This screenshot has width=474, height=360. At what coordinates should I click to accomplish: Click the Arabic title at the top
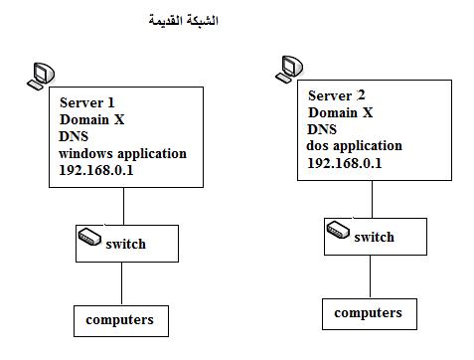pyautogui.click(x=183, y=20)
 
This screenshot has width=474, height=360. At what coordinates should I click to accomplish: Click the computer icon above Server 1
pyautogui.click(x=41, y=76)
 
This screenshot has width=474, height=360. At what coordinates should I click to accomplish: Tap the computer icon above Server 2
pyautogui.click(x=289, y=69)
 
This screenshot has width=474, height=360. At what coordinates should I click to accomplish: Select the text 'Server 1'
pyautogui.click(x=87, y=102)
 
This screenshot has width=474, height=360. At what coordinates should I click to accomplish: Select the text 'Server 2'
pyautogui.click(x=337, y=95)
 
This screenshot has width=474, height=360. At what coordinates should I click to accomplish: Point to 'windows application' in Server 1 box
pyautogui.click(x=122, y=154)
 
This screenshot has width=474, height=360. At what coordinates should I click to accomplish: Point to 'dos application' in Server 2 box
pyautogui.click(x=355, y=146)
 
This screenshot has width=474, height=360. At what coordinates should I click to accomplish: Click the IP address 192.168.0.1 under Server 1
pyautogui.click(x=96, y=170)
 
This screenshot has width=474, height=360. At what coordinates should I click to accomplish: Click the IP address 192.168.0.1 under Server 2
pyautogui.click(x=345, y=163)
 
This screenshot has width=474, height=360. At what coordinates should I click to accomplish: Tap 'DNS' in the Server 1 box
pyautogui.click(x=74, y=136)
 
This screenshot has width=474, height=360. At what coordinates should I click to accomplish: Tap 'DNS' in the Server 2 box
pyautogui.click(x=322, y=129)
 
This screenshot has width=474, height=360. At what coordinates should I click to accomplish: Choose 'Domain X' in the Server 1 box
pyautogui.click(x=92, y=119)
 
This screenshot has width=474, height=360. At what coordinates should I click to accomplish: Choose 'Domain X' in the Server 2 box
pyautogui.click(x=341, y=112)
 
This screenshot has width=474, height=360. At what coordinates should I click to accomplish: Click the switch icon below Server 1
pyautogui.click(x=89, y=237)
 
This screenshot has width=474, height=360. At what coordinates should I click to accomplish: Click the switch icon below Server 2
pyautogui.click(x=338, y=230)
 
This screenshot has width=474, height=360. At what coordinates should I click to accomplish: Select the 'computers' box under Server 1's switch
pyautogui.click(x=121, y=321)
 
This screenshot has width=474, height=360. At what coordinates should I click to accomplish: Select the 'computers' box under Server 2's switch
pyautogui.click(x=370, y=314)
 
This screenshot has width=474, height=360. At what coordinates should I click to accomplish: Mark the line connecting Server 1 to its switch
pyautogui.click(x=123, y=206)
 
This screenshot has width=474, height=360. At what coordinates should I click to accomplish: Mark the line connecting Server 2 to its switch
pyautogui.click(x=372, y=199)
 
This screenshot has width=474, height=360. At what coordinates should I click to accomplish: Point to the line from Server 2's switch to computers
pyautogui.click(x=370, y=276)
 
